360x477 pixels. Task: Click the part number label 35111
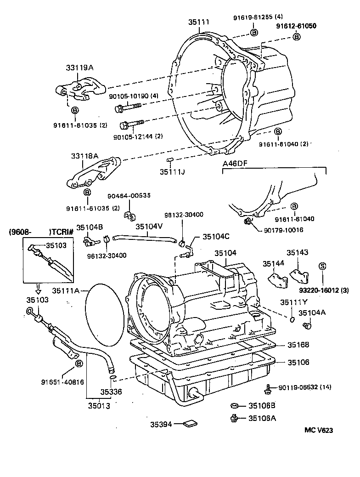tap(199, 22)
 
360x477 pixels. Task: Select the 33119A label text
tap(83, 67)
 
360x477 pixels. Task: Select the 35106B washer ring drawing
tap(234, 405)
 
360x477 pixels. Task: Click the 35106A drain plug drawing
tap(234, 418)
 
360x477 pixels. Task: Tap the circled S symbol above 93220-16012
tap(322, 266)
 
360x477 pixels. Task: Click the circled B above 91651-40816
tap(79, 364)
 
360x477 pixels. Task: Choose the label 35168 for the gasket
tap(298, 345)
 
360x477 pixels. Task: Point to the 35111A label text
tap(66, 290)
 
